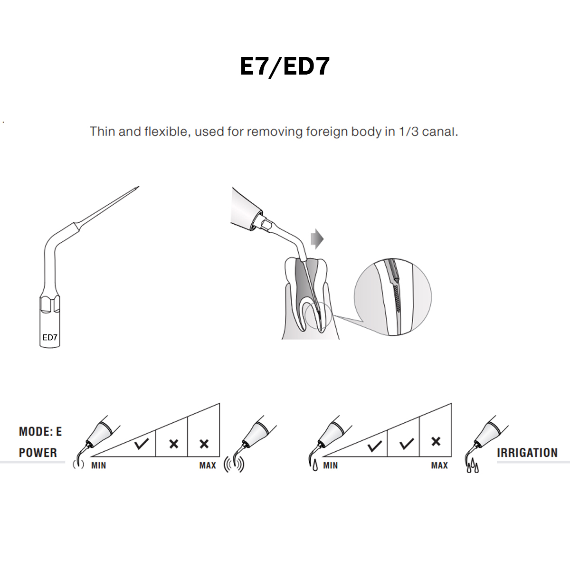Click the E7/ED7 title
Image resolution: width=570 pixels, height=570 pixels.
pyautogui.click(x=285, y=66)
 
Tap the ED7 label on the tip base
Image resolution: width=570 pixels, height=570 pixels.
pyautogui.click(x=50, y=337)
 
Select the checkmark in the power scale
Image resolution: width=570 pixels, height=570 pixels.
pyautogui.click(x=141, y=444)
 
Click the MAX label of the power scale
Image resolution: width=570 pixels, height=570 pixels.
pyautogui.click(x=208, y=465)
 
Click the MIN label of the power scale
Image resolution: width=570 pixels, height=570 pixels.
pyautogui.click(x=99, y=465)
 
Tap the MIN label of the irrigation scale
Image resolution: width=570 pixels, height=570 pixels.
pyautogui.click(x=331, y=465)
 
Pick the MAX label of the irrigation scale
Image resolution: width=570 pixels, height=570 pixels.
pyautogui.click(x=439, y=465)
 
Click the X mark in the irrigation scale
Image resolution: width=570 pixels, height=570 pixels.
pyautogui.click(x=436, y=442)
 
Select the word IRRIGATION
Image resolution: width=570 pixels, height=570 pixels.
pyautogui.click(x=527, y=453)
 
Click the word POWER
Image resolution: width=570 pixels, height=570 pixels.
pyautogui.click(x=38, y=453)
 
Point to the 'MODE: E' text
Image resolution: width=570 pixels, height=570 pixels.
pyautogui.click(x=40, y=432)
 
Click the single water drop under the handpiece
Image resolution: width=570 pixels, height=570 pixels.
pyautogui.click(x=314, y=466)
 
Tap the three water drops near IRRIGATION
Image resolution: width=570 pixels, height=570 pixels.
pyautogui.click(x=473, y=467)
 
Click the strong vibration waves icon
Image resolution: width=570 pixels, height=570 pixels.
pyautogui.click(x=234, y=465)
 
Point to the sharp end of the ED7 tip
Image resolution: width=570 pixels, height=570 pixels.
pyautogui.click(x=138, y=187)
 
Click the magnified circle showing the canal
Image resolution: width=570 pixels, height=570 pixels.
pyautogui.click(x=393, y=297)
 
